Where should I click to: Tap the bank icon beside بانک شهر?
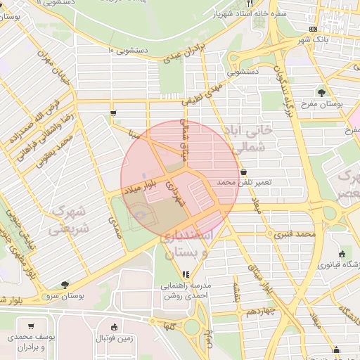313,29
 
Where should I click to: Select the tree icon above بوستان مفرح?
321,91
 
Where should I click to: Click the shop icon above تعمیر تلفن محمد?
243,171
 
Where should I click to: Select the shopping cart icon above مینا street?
113,112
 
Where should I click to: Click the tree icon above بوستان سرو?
65,285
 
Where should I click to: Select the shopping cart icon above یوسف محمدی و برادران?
31,326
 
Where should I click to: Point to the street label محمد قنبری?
294,233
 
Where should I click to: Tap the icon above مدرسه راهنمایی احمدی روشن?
185,275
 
